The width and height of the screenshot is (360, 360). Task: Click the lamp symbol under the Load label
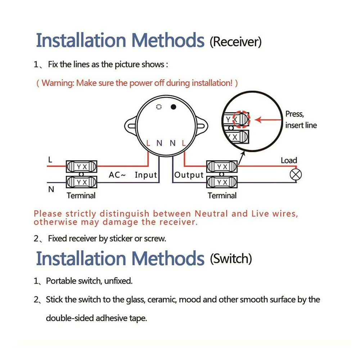coord(296,175)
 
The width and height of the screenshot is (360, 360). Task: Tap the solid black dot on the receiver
coord(174,107)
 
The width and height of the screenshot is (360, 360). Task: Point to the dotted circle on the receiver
coord(159,107)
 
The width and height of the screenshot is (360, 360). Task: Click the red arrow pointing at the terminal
coord(268,120)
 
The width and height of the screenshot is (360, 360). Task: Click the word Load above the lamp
coord(289,160)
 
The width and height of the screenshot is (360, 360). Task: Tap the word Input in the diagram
coord(146,175)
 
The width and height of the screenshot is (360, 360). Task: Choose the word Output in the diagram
coord(189,175)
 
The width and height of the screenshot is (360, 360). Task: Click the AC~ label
coord(117,175)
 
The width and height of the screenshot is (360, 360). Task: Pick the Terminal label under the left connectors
coord(81,195)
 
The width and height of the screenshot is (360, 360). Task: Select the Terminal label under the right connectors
coord(222,195)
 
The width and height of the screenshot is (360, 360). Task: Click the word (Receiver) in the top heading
coord(235,42)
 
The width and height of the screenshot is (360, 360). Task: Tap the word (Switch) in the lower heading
coord(231,258)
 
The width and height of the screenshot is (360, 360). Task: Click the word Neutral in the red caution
coord(211,213)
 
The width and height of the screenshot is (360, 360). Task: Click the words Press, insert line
coord(301,120)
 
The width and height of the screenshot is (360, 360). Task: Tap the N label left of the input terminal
coord(51,189)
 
